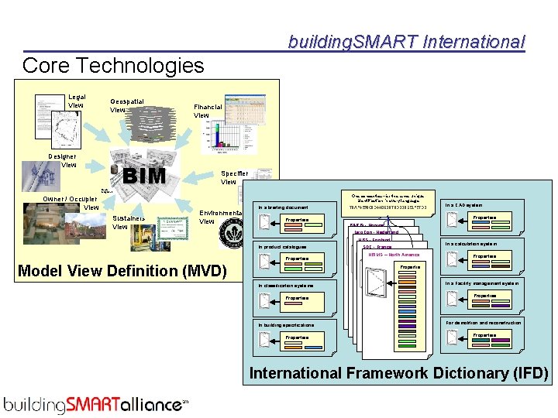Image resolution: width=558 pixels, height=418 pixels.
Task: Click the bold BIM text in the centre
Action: [145, 176]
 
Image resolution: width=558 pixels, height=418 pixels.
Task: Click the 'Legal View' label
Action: [76, 101]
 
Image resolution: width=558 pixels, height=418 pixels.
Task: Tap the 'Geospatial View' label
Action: [126, 105]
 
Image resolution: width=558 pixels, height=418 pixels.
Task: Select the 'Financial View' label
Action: [207, 111]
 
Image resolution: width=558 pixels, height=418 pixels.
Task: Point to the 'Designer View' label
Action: [62, 160]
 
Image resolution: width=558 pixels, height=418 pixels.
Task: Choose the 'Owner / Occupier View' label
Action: [71, 203]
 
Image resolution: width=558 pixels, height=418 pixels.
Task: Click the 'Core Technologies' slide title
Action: [113, 65]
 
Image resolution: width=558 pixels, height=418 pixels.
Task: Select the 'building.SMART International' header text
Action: [406, 42]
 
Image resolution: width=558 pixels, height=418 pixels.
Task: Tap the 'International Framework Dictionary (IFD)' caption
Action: [398, 373]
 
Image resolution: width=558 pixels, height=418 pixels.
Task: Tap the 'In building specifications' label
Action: [286, 325]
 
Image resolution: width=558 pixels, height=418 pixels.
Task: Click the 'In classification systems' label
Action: [286, 286]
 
